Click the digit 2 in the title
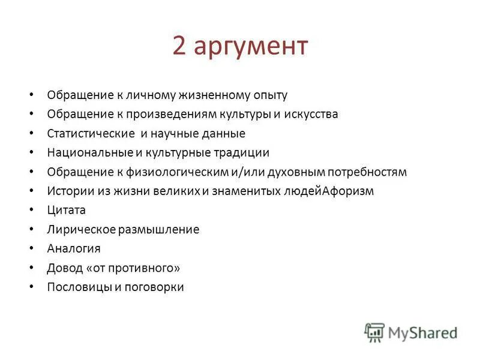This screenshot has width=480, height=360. [180, 46]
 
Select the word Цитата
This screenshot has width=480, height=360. [66, 211]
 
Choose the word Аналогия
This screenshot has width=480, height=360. [74, 249]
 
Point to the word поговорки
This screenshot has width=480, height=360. [154, 287]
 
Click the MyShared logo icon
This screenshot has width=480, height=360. [374, 332]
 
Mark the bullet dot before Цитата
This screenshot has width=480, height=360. [31, 211]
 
